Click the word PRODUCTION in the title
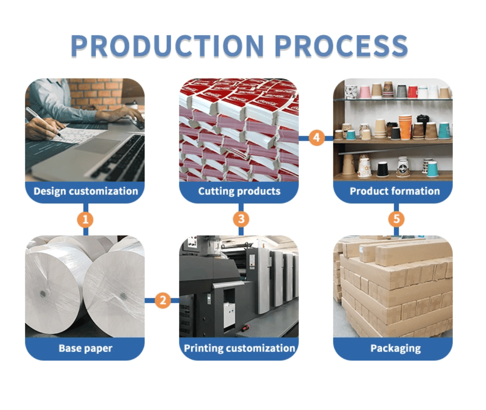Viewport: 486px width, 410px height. (x=167, y=45)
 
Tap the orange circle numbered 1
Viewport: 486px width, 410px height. (x=86, y=219)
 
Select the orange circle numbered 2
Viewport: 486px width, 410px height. (x=163, y=301)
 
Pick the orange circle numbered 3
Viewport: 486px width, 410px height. (x=241, y=219)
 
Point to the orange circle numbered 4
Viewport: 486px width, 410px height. (x=316, y=138)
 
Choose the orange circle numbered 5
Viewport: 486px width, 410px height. (x=396, y=219)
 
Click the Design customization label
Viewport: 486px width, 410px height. (x=86, y=191)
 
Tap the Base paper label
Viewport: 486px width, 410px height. (x=86, y=348)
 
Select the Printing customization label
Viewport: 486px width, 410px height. (x=240, y=348)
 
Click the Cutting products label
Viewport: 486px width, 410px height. (x=239, y=191)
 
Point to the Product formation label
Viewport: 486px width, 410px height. (x=394, y=191)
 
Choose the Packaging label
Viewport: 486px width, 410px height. (x=395, y=348)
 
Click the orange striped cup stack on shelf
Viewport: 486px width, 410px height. (x=405, y=126)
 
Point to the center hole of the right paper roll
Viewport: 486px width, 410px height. (x=123, y=295)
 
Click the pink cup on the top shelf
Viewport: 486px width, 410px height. (x=365, y=92)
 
